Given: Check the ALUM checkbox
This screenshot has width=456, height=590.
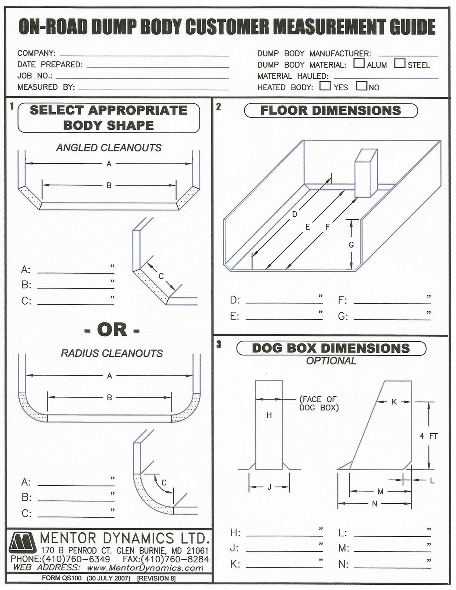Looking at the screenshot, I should pyautogui.click(x=359, y=63).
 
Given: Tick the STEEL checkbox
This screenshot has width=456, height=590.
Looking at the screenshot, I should pyautogui.click(x=400, y=63).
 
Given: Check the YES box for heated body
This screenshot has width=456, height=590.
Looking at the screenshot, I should pyautogui.click(x=325, y=86).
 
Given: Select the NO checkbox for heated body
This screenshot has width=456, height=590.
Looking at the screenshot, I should pyautogui.click(x=362, y=86).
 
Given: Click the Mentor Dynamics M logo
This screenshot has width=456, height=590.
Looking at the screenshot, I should pyautogui.click(x=23, y=543).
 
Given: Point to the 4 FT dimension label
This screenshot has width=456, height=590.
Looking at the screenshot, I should pyautogui.click(x=428, y=436).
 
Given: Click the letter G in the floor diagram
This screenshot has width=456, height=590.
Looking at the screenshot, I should pyautogui.click(x=351, y=245).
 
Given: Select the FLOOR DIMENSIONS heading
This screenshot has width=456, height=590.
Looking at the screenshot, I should pyautogui.click(x=331, y=110).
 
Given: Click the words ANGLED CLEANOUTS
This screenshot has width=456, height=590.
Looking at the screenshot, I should pyautogui.click(x=109, y=148).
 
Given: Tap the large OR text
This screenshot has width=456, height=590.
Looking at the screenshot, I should pyautogui.click(x=112, y=330).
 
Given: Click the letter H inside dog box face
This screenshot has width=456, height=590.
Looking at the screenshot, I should pyautogui.click(x=269, y=415).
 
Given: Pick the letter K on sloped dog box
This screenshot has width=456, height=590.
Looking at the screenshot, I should pyautogui.click(x=394, y=402).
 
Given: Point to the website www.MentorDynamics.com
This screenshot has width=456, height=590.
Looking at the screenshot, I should pyautogui.click(x=145, y=567).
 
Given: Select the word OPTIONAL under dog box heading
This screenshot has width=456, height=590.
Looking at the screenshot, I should pyautogui.click(x=331, y=361).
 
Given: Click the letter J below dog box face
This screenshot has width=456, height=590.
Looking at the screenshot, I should pyautogui.click(x=269, y=487).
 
